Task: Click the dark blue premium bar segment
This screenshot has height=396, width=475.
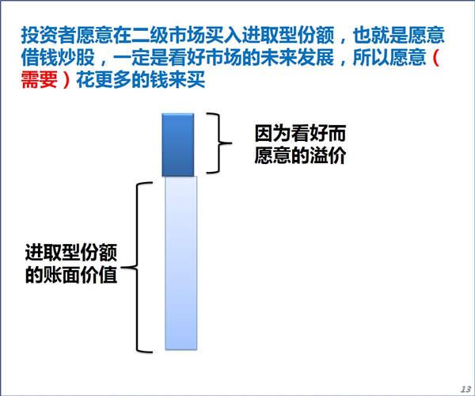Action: pyautogui.click(x=178, y=145)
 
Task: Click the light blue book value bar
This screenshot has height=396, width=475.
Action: pyautogui.click(x=180, y=263)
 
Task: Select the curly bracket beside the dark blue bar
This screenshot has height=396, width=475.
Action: pyautogui.click(x=218, y=143)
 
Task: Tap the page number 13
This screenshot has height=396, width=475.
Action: pyautogui.click(x=465, y=389)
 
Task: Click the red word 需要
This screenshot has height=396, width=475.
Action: pyautogui.click(x=40, y=80)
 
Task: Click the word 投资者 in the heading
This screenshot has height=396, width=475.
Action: pyautogui.click(x=48, y=35)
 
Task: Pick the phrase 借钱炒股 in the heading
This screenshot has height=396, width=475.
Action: pyautogui.click(x=58, y=58)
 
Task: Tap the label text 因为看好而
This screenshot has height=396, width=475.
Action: pyautogui.click(x=300, y=134)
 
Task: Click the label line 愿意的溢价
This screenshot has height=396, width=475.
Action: pyautogui.click(x=300, y=156)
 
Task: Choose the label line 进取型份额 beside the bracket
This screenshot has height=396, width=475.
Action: pyautogui.click(x=71, y=253)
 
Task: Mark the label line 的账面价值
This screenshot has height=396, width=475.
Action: pyautogui.click(x=71, y=275)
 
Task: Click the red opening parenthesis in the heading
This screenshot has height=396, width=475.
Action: pyautogui.click(x=435, y=58)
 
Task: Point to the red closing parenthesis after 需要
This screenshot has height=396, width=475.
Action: pyautogui.click(x=66, y=80)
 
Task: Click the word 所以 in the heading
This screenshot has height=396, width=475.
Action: pyautogui.click(x=370, y=58)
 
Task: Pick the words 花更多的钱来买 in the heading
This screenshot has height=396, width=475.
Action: pyautogui.click(x=141, y=80)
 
